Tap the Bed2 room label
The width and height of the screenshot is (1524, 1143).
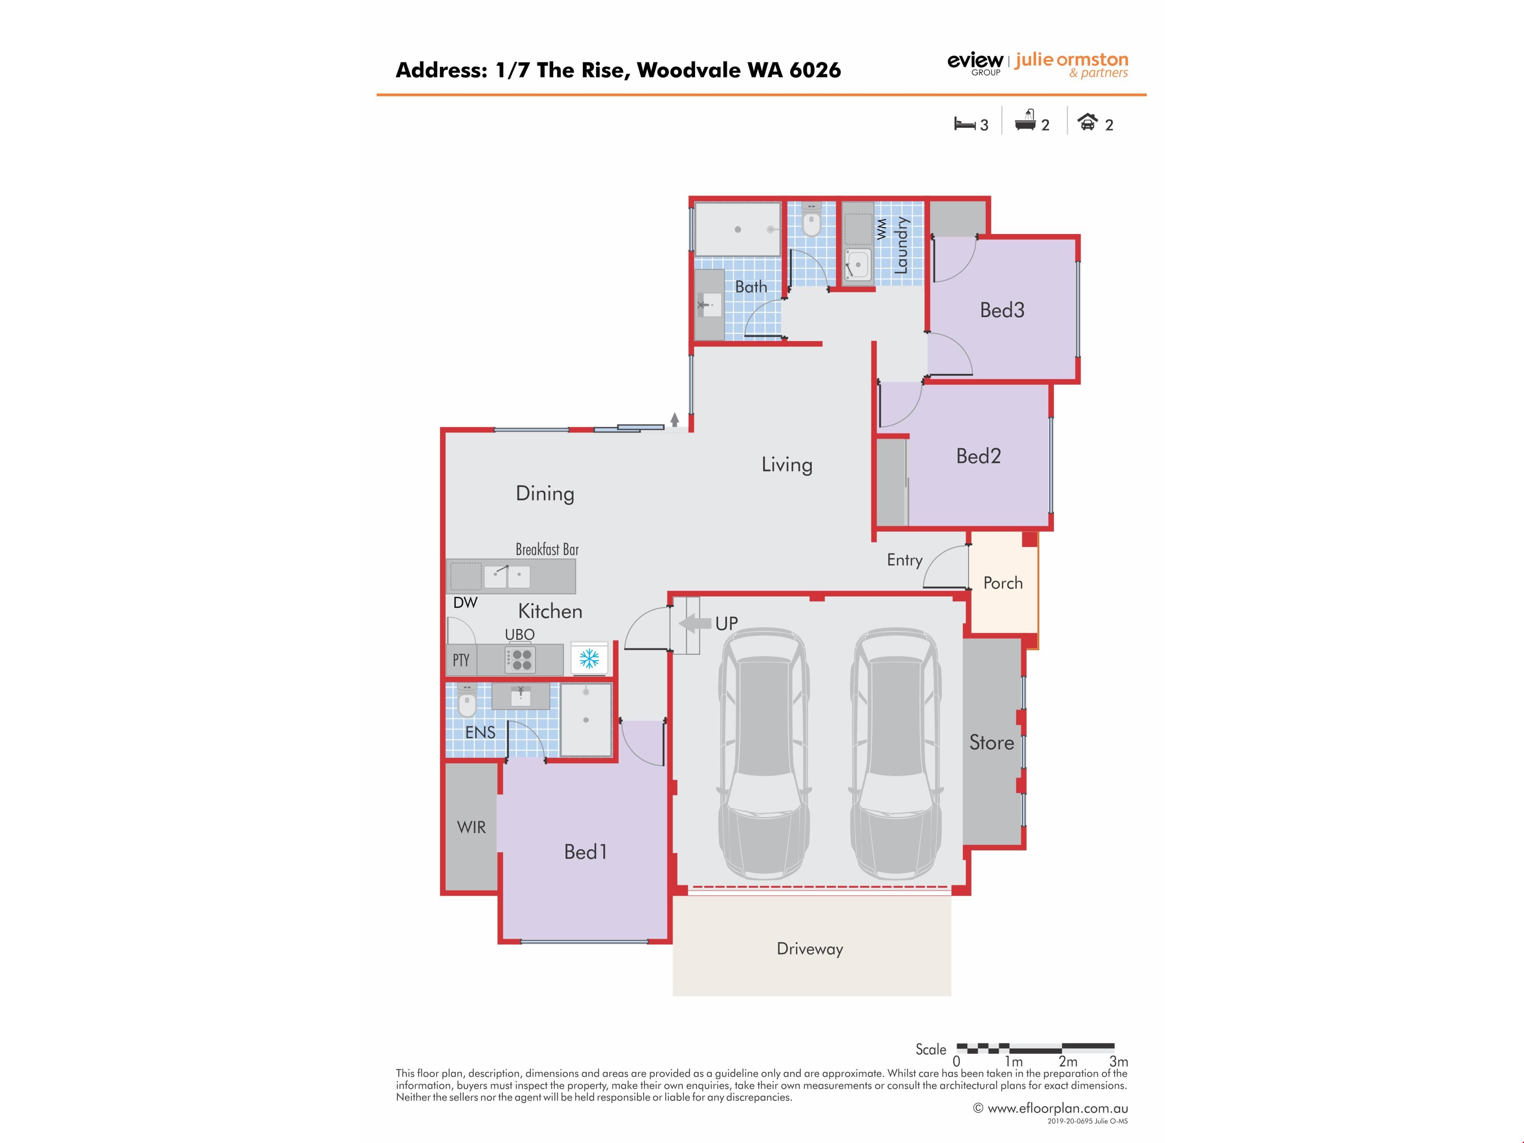tap(978, 456)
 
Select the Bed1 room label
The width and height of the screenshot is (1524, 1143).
tap(586, 852)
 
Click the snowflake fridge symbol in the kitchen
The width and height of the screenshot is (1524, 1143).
tap(589, 659)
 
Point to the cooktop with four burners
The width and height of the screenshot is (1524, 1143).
tap(521, 659)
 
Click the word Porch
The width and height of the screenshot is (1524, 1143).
tap(1003, 583)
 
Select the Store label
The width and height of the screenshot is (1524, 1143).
tap(991, 742)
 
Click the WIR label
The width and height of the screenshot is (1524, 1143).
tap(471, 827)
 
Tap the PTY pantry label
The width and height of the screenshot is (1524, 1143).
tap(461, 660)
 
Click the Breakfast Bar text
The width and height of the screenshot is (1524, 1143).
tap(547, 549)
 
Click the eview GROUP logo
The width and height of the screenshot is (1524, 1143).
tap(976, 63)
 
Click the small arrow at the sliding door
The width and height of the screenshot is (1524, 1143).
tap(675, 419)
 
